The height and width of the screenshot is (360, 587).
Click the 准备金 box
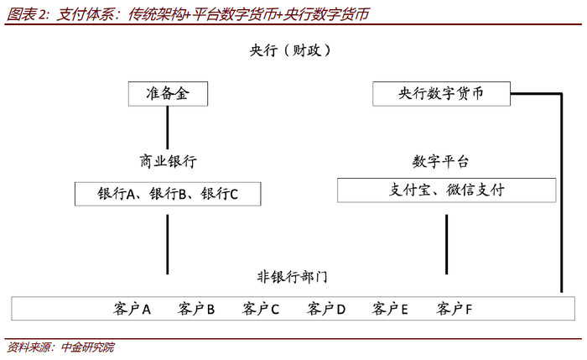[x=168, y=94]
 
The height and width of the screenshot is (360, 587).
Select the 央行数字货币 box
[x=441, y=94]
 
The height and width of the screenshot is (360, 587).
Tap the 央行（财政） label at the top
[x=290, y=50]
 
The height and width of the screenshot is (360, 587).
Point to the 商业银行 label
[x=168, y=161]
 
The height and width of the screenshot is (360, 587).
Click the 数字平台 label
[x=440, y=162]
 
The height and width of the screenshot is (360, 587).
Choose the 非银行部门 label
[x=292, y=277]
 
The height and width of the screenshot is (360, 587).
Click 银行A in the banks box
[x=116, y=194]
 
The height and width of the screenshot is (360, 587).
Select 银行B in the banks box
[x=168, y=194]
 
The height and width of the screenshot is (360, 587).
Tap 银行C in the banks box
[x=220, y=194]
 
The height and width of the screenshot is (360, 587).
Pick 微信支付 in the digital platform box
[x=475, y=190]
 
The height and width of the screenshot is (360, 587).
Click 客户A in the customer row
[x=132, y=309]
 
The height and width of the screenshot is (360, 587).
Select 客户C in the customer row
[x=261, y=309]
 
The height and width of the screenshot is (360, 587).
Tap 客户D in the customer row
[x=325, y=309]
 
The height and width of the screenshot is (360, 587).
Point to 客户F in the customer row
[x=455, y=309]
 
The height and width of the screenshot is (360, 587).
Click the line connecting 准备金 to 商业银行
[x=168, y=128]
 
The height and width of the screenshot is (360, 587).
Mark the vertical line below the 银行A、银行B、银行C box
[x=168, y=244]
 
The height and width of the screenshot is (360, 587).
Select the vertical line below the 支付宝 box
[x=447, y=244]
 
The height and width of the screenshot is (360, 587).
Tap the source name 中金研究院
[x=87, y=347]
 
